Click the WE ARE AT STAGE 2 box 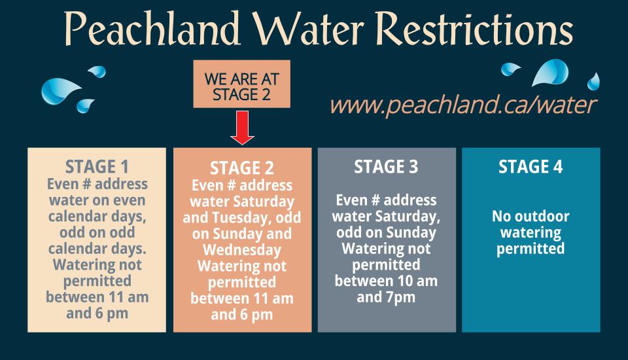click(x=241, y=87)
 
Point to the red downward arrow click(x=242, y=128)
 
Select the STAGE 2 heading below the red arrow click(x=241, y=170)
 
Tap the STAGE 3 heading click(x=386, y=167)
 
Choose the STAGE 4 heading click(x=531, y=167)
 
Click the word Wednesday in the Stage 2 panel click(x=241, y=251)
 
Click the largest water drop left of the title click(x=60, y=90)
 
